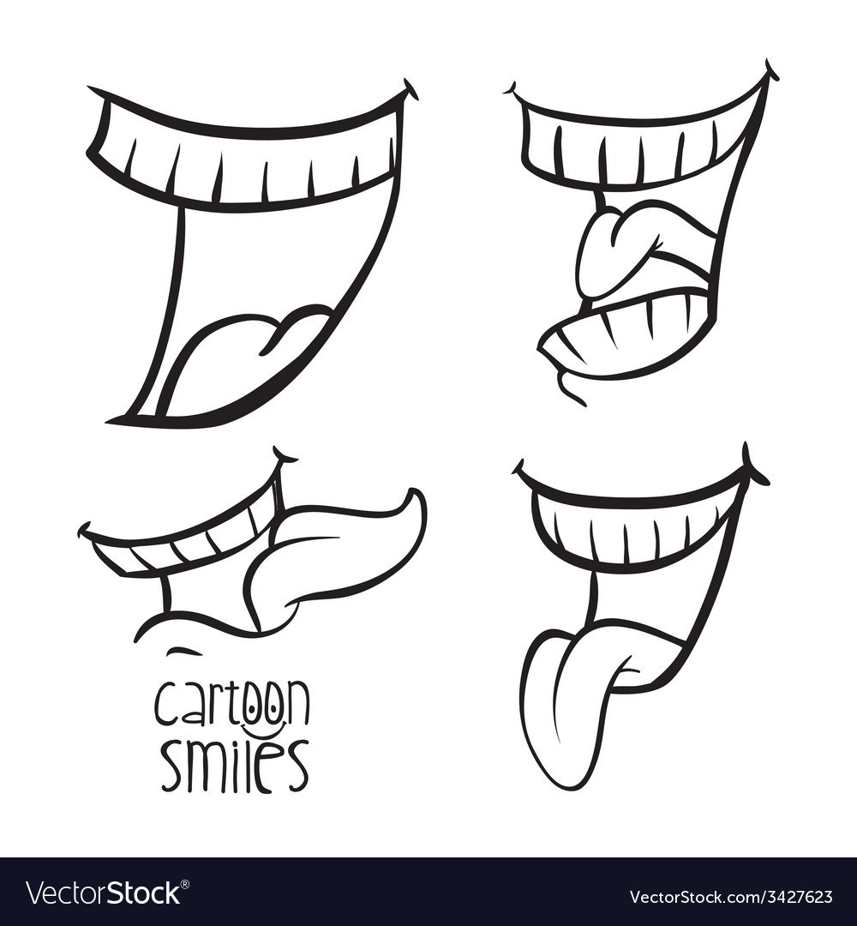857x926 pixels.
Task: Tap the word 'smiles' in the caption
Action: coord(233,766)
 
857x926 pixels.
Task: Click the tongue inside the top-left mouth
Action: coord(240,352)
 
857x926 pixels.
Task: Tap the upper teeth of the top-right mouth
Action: coord(634,154)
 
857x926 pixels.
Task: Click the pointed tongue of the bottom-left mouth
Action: coord(343,549)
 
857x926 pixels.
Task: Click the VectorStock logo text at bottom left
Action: coord(103,893)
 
